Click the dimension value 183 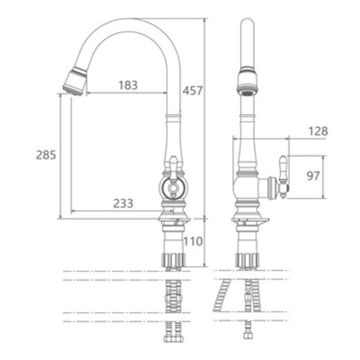pyautogui.click(x=128, y=85)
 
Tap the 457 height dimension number pyautogui.click(x=193, y=91)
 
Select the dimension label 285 pyautogui.click(x=46, y=155)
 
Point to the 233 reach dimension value pyautogui.click(x=123, y=203)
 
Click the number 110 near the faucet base pyautogui.click(x=193, y=241)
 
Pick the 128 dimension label pyautogui.click(x=318, y=131)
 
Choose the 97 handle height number pyautogui.click(x=313, y=176)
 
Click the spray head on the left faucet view pyautogui.click(x=75, y=82)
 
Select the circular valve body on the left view pyautogui.click(x=173, y=188)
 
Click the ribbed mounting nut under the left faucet pyautogui.click(x=173, y=260)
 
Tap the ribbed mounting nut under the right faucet pyautogui.click(x=247, y=260)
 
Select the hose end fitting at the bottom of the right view pyautogui.click(x=247, y=335)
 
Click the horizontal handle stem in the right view pyautogui.click(x=268, y=188)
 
